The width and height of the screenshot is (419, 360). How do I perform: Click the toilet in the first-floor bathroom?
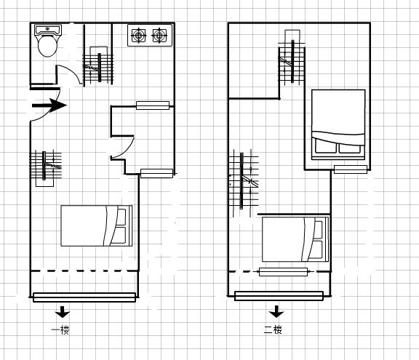pos(47,41)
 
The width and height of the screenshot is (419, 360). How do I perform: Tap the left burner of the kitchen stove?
pos(138,35)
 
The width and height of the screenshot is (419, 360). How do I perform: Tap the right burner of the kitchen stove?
pos(159,35)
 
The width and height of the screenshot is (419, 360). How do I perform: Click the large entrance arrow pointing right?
pos(49,105)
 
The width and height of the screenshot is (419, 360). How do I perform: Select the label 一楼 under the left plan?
pos(60,330)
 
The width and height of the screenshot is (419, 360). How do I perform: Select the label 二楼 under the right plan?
pos(273,330)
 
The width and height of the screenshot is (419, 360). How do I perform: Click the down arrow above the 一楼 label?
pos(63,312)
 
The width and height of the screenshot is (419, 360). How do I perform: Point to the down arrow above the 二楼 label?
pos(276,311)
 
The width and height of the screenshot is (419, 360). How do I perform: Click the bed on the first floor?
pos(97,225)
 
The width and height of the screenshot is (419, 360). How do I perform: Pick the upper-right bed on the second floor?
pos(338,124)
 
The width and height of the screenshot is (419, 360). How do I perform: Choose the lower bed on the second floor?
pos(295,239)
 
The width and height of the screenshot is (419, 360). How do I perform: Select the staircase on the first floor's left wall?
pos(45,168)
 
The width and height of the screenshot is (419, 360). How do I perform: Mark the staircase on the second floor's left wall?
pos(244,183)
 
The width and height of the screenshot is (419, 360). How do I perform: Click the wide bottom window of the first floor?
pos(84,297)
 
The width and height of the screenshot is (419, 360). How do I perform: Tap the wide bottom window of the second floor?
pos(279,296)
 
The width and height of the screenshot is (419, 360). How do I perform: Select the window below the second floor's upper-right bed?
pos(351,169)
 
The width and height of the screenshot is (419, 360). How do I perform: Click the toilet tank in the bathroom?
pos(48,30)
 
